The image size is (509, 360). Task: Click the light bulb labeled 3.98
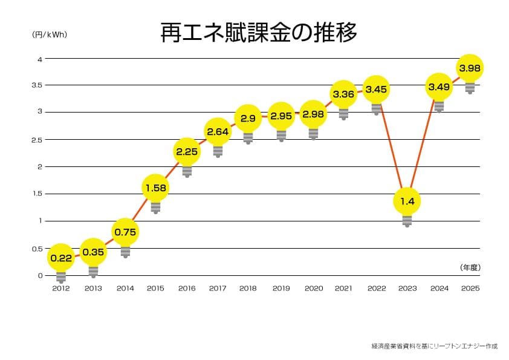470,68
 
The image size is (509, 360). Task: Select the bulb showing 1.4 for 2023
407,201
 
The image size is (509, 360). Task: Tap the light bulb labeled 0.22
61,258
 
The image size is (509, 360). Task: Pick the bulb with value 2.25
187,151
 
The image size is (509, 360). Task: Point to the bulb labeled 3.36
343,94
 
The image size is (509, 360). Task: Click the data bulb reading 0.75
125,232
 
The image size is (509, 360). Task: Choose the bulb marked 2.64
218,131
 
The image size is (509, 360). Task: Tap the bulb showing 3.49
439,87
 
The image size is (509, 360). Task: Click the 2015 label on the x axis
155,289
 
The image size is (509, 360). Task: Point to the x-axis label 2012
61,289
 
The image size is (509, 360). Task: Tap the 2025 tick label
470,289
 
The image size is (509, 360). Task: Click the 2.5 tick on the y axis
37,140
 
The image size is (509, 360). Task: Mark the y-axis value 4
40,59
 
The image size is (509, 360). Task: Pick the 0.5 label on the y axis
37,249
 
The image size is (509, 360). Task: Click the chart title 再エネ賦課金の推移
259,33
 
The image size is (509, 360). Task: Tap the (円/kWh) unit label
50,34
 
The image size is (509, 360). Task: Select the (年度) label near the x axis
470,267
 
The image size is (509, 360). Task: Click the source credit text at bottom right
434,346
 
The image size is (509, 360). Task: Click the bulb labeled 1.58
155,188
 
